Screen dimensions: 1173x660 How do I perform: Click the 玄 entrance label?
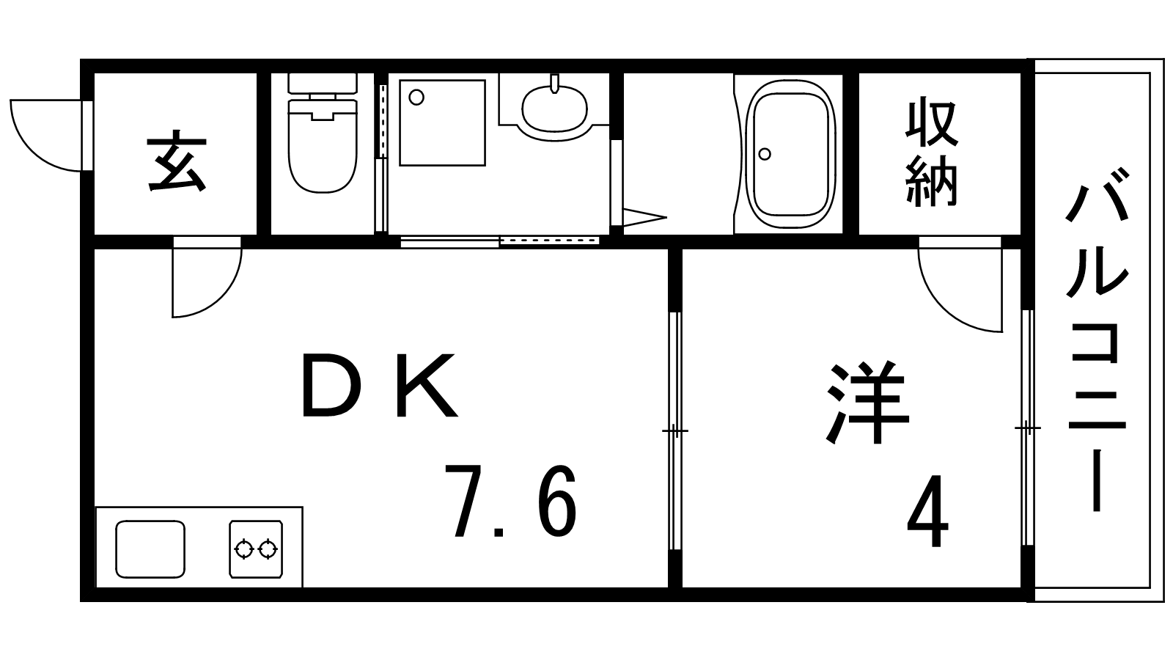177,161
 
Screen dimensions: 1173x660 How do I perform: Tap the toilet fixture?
322,133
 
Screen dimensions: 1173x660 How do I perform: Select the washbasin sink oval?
554,109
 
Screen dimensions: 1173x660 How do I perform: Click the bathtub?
790,154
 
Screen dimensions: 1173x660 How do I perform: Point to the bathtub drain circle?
765,154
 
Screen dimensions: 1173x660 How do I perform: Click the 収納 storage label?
932,152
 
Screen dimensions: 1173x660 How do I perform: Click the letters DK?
380,385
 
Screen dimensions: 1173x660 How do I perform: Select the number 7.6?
510,502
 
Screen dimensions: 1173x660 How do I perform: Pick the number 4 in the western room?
927,510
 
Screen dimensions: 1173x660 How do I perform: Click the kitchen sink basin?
150,549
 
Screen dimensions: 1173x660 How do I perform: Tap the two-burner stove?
256,549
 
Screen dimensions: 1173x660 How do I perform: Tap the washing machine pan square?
443,122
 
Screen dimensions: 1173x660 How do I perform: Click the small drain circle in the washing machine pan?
416,98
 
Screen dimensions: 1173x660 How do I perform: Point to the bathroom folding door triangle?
644,217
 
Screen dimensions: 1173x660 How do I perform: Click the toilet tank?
323,84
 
